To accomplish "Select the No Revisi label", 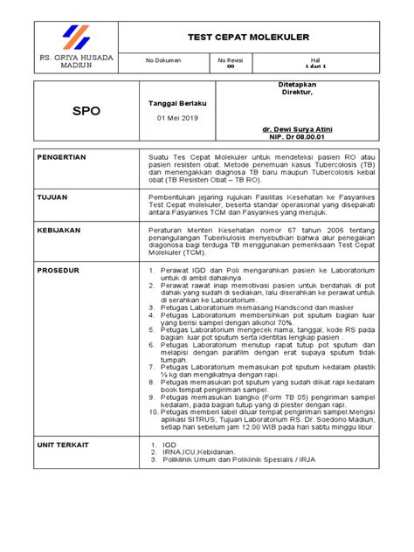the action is click(231, 59).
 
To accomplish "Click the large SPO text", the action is click(86, 112).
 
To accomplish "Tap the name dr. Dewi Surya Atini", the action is click(300, 128).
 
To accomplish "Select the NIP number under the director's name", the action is click(300, 136).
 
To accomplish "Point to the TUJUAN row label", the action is click(54, 198).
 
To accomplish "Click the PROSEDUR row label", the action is click(59, 271).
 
